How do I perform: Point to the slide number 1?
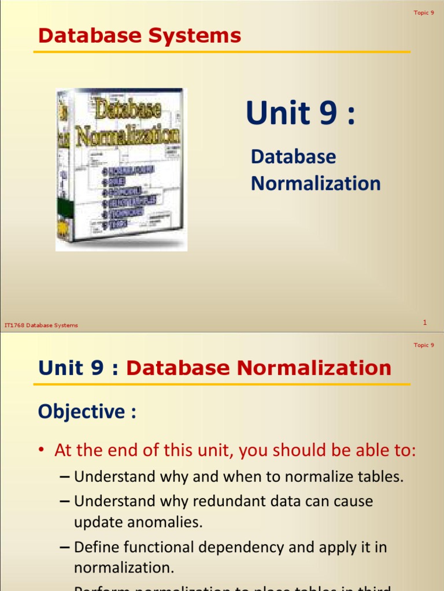pos(425,323)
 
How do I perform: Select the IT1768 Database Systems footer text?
pos(41,326)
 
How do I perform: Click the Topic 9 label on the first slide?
pos(424,13)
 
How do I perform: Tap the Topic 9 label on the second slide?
pos(424,345)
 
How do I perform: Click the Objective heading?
pos(87,412)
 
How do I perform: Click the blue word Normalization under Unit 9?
pos(316,184)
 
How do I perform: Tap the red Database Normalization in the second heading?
pos(258,368)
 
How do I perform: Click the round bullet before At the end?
pos(43,451)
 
